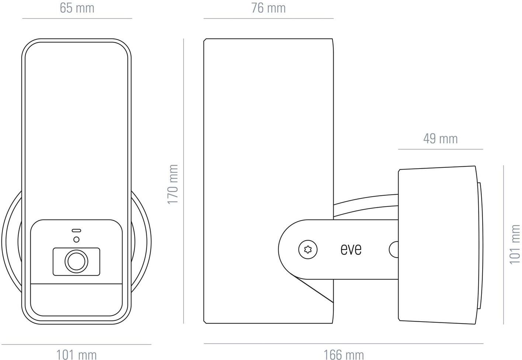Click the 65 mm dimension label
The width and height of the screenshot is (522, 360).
point(77,8)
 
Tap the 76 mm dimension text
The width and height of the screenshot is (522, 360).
point(268,8)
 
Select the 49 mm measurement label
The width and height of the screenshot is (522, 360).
point(441,139)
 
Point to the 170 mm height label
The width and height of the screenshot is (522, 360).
point(173,184)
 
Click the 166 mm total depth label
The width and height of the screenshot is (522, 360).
point(344,355)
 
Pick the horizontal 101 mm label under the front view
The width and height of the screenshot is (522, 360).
point(76,355)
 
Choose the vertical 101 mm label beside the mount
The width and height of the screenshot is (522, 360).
point(515,244)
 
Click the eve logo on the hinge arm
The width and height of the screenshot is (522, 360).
point(351,249)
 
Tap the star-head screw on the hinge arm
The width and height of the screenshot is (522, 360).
point(308,249)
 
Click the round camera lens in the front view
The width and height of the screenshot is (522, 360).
point(76,261)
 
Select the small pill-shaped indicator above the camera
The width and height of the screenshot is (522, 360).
point(76,231)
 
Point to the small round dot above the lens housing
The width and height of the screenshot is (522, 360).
point(76,239)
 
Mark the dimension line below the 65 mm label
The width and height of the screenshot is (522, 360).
point(77,18)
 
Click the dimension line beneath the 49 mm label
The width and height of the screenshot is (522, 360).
point(441,149)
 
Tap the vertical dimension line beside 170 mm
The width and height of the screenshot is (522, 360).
point(183,181)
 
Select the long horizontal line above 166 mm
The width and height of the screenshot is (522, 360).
point(344,343)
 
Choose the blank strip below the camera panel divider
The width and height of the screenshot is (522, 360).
point(76,300)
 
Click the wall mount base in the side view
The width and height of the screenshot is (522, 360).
point(438,245)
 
